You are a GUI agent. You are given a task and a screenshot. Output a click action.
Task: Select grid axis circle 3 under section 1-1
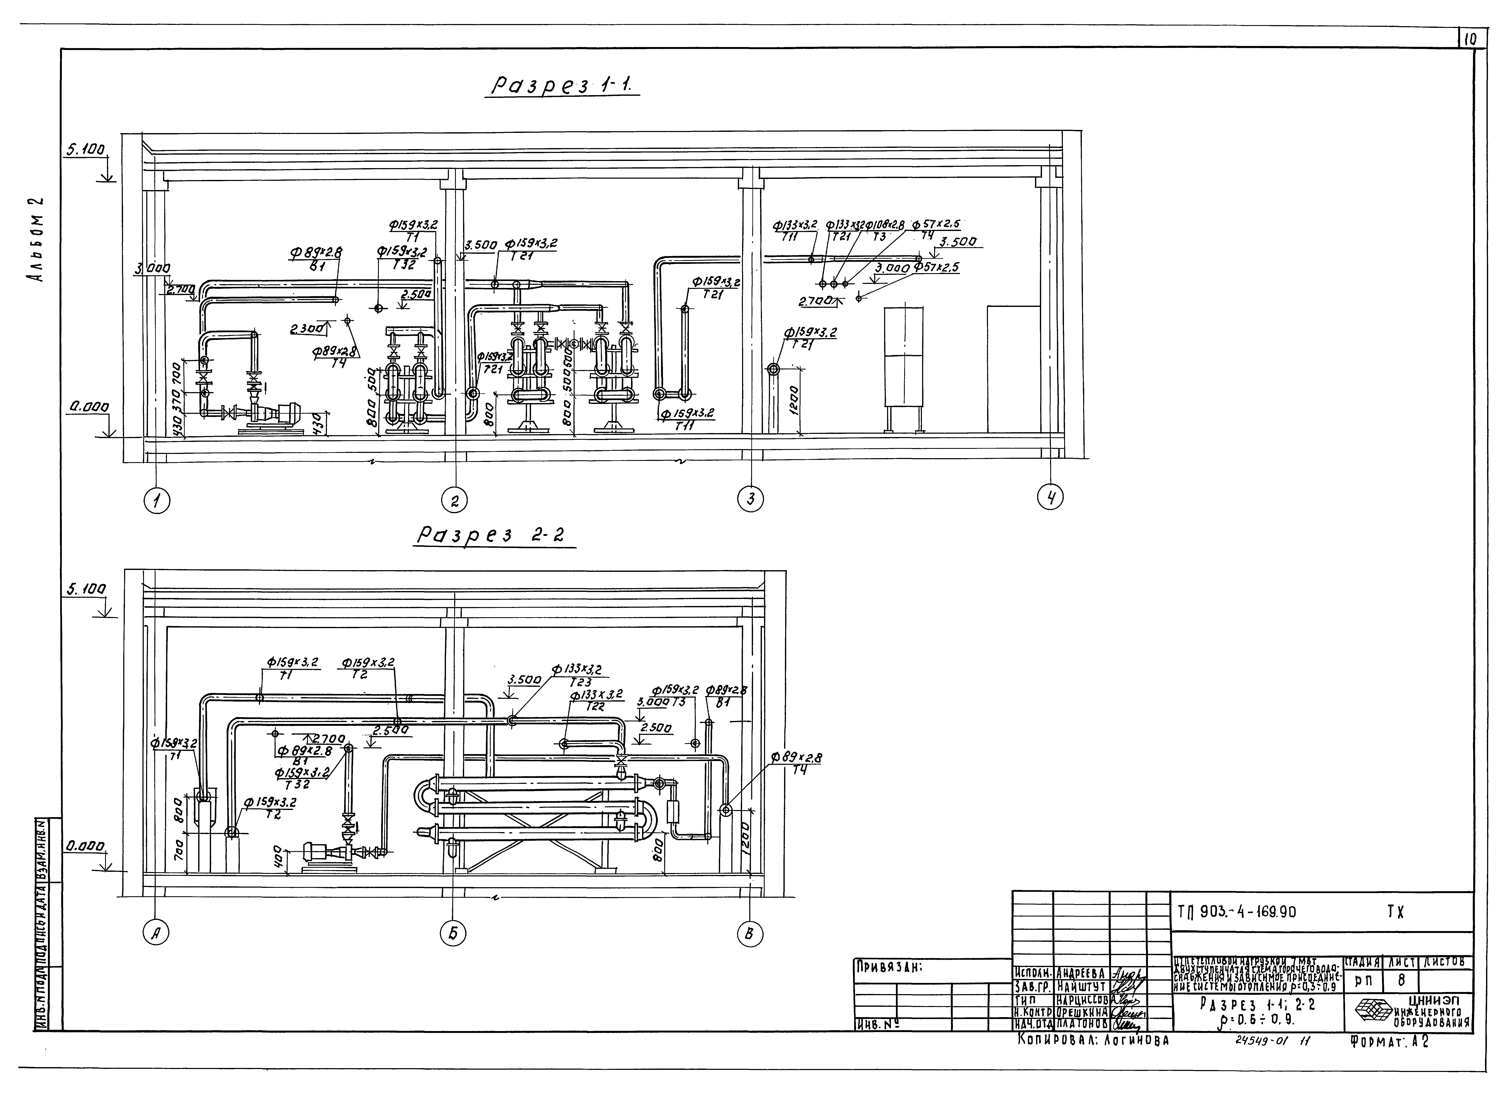pyautogui.click(x=751, y=498)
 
